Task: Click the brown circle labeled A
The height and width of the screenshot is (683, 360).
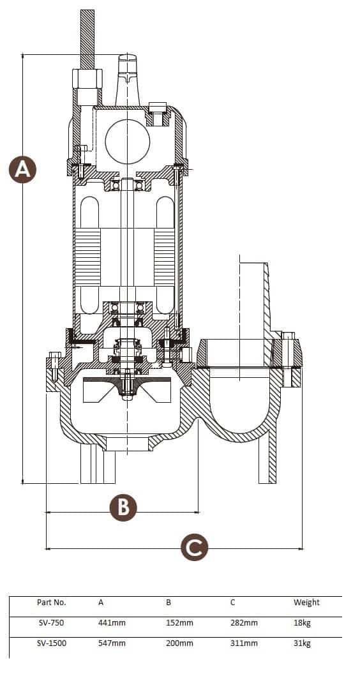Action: tap(23, 169)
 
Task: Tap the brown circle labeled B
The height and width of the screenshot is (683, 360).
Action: tap(123, 507)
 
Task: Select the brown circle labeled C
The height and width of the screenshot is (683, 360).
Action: tap(195, 547)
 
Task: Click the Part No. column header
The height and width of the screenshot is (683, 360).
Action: tap(52, 603)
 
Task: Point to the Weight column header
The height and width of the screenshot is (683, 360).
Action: tap(306, 603)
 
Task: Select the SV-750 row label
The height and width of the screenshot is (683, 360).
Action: tap(51, 623)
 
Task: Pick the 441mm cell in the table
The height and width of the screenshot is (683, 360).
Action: tap(112, 623)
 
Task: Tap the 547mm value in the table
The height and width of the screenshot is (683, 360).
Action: tap(112, 643)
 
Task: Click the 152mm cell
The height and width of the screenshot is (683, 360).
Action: tap(179, 623)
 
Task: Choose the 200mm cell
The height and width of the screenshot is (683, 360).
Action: tap(179, 643)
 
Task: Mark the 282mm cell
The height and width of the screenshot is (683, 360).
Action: tap(244, 623)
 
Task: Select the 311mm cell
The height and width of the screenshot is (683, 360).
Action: tap(244, 643)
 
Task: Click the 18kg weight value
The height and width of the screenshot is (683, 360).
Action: tap(302, 623)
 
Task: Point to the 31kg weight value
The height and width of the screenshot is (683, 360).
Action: tap(302, 643)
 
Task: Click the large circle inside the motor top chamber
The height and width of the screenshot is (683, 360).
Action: tap(128, 142)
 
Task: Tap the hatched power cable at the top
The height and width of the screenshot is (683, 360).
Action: tap(87, 39)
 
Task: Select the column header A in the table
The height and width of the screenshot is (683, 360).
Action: tap(101, 603)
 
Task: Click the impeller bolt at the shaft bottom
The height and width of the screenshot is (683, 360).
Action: tap(127, 384)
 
